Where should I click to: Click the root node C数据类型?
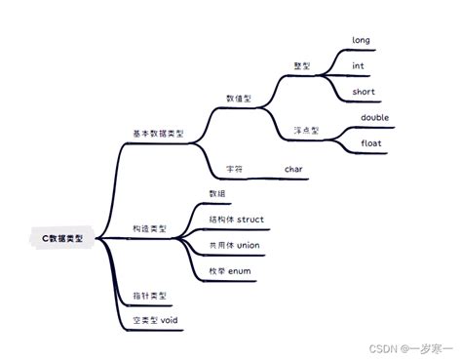pos(63,237)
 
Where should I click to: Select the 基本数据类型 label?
pos(158,134)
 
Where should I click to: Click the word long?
pos(362,41)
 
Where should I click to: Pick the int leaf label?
pos(359,66)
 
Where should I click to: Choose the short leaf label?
pos(364,92)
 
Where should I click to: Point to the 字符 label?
pos(234,169)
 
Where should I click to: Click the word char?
pos(294,169)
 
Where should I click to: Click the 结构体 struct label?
pos(237,219)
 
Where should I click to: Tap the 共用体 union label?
pos(235,245)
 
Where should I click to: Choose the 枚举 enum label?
pos(230,270)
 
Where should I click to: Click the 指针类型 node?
pos(149,295)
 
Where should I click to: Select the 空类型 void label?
pos(155,320)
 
